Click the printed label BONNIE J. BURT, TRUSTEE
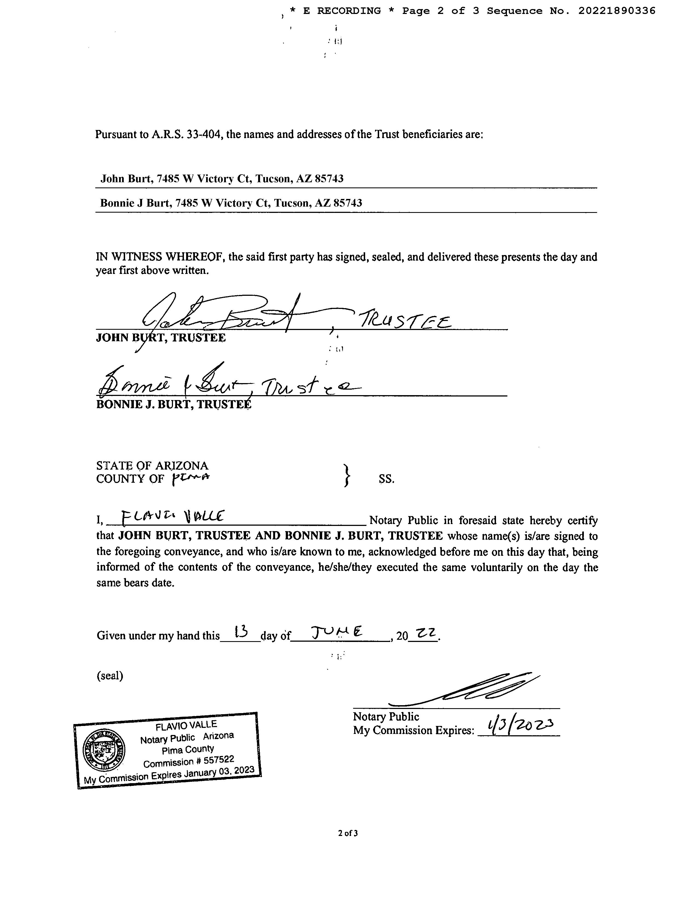(174, 404)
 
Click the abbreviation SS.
(387, 479)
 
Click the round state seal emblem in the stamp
(104, 750)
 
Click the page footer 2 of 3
(348, 833)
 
